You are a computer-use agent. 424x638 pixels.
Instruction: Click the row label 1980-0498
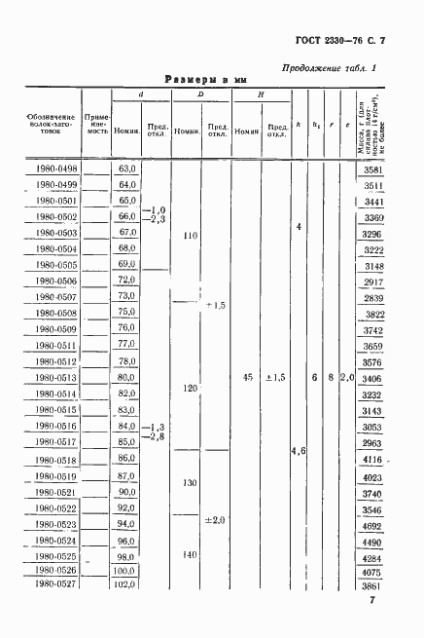click(x=53, y=169)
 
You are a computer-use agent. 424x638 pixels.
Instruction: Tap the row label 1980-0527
click(x=53, y=585)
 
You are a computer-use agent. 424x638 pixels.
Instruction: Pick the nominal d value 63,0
click(x=126, y=169)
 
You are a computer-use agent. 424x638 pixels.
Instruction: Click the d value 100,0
click(x=124, y=571)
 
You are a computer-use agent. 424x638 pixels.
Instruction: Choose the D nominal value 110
click(x=191, y=236)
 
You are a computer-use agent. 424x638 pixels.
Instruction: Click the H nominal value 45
click(x=246, y=377)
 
